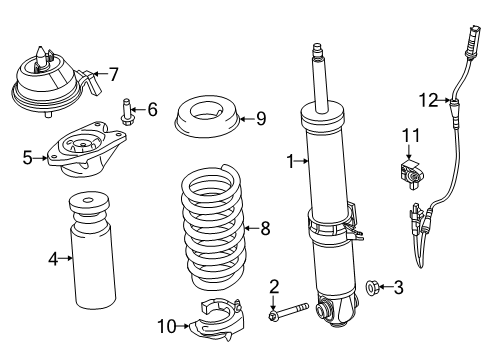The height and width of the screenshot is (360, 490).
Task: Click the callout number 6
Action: click(x=152, y=109)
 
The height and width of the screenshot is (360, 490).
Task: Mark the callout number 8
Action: click(x=264, y=228)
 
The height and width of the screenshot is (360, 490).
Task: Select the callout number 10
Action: click(x=168, y=324)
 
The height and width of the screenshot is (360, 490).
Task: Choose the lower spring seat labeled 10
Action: click(x=213, y=320)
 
